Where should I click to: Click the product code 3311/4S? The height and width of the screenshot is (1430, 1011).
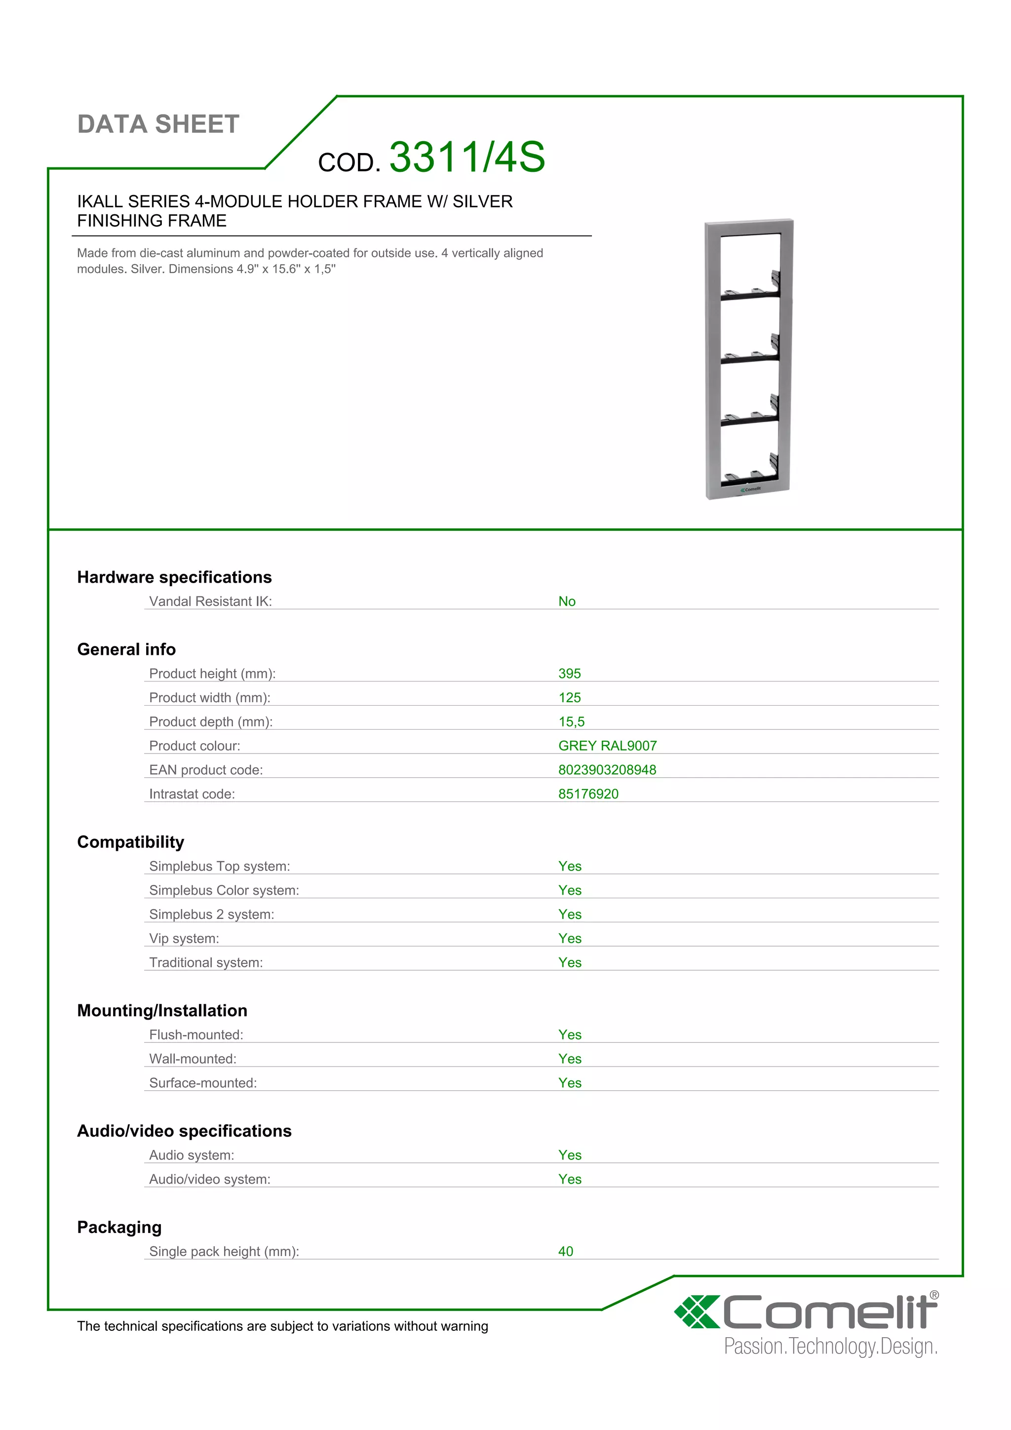click(x=467, y=157)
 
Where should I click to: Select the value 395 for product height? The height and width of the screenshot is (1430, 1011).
click(x=569, y=673)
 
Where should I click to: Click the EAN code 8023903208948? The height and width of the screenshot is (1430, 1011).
click(x=607, y=770)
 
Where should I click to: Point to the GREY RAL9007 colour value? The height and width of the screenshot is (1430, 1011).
click(x=607, y=746)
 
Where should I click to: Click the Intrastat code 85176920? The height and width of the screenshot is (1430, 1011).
click(x=588, y=794)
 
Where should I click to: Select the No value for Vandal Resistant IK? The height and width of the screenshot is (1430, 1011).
click(x=567, y=601)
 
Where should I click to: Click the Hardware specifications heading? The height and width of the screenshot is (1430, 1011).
click(x=174, y=577)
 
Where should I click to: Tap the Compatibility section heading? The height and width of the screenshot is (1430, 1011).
click(x=131, y=842)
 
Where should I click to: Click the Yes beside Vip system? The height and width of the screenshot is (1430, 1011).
click(x=570, y=939)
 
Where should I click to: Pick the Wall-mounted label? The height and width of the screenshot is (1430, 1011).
click(x=193, y=1059)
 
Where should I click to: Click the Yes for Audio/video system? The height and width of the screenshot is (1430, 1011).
click(x=570, y=1179)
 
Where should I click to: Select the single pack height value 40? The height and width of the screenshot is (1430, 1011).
click(x=565, y=1251)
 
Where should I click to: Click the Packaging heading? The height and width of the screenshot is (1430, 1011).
click(x=119, y=1227)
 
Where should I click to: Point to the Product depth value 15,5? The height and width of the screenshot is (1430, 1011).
click(x=572, y=722)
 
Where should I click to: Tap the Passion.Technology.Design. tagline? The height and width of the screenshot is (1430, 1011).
click(x=830, y=1347)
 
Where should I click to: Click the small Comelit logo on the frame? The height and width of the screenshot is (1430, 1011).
click(x=751, y=489)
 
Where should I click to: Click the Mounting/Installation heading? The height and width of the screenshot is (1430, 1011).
click(x=162, y=1010)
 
